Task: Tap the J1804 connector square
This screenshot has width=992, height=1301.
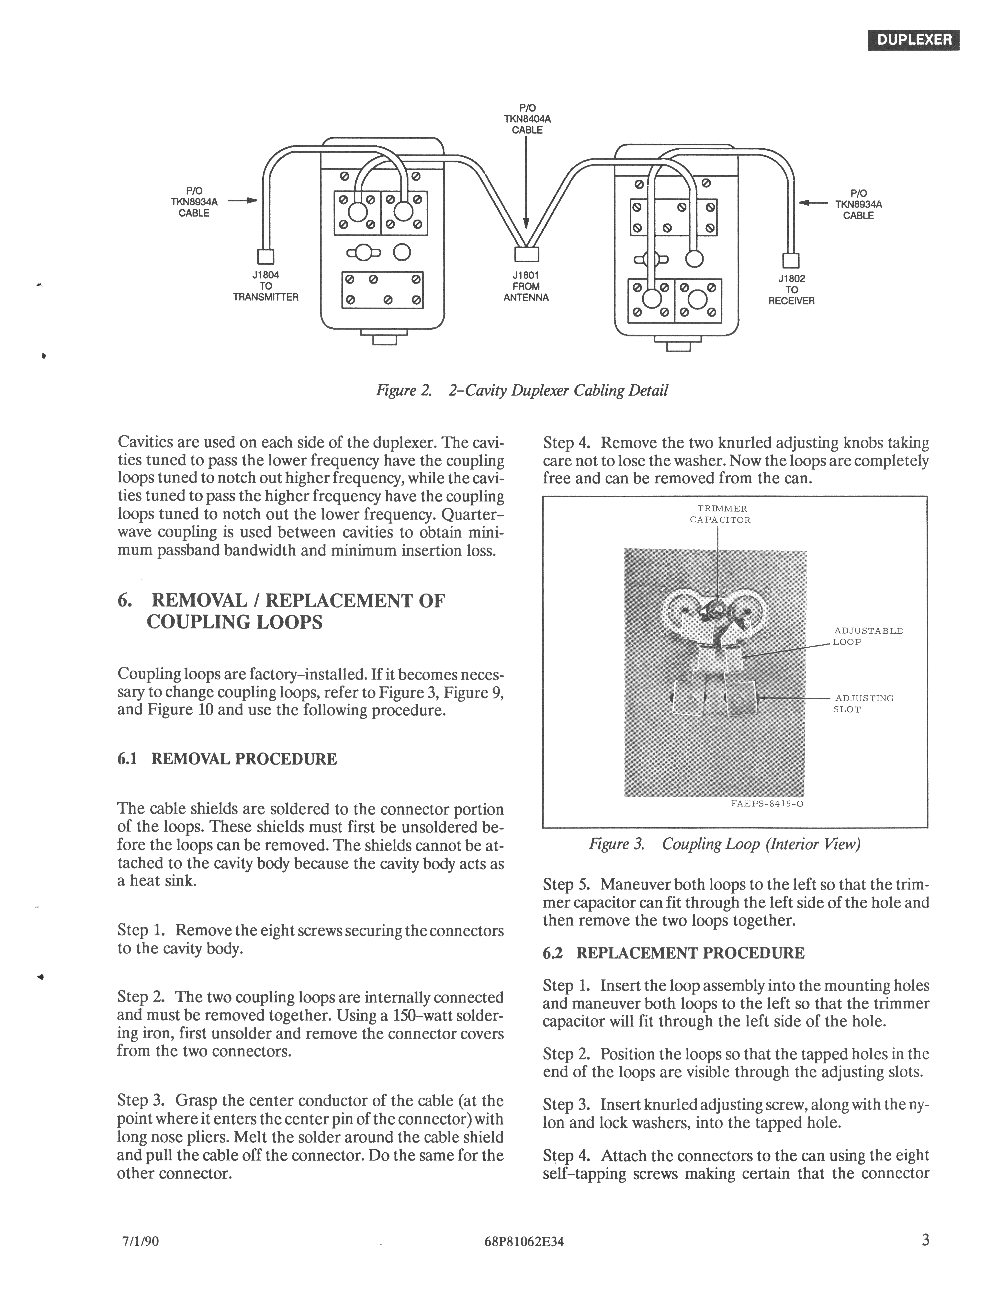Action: coord(266,256)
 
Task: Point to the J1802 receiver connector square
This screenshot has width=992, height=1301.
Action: coord(790,260)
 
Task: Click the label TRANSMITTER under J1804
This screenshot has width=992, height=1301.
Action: coord(266,297)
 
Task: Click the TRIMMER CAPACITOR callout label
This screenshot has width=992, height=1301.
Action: coord(720,514)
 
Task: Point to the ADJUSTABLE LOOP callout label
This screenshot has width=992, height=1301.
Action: coord(867,636)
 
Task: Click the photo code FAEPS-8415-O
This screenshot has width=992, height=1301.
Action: coord(762,804)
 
